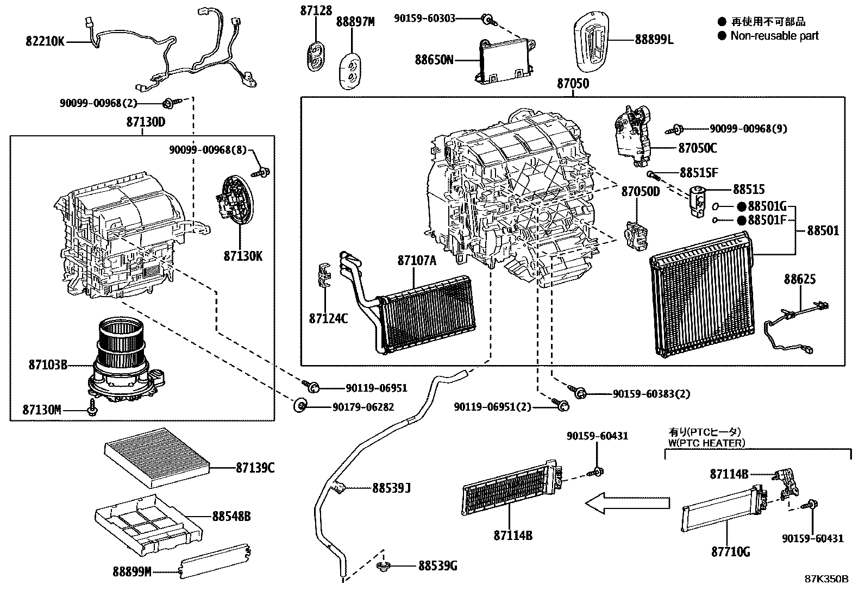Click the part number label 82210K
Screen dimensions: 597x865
pos(45,41)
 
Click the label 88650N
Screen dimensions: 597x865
pos(434,59)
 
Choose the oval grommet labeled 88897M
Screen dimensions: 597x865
pos(352,70)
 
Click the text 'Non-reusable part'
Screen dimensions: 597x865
pos(774,36)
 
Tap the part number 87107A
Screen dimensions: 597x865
pos(417,261)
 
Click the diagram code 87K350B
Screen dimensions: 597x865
pos(826,579)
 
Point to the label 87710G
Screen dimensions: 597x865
pos(731,552)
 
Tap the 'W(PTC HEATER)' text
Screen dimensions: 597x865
pos(706,443)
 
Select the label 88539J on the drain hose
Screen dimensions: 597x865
pos(391,488)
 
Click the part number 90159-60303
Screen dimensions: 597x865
pos(425,18)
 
